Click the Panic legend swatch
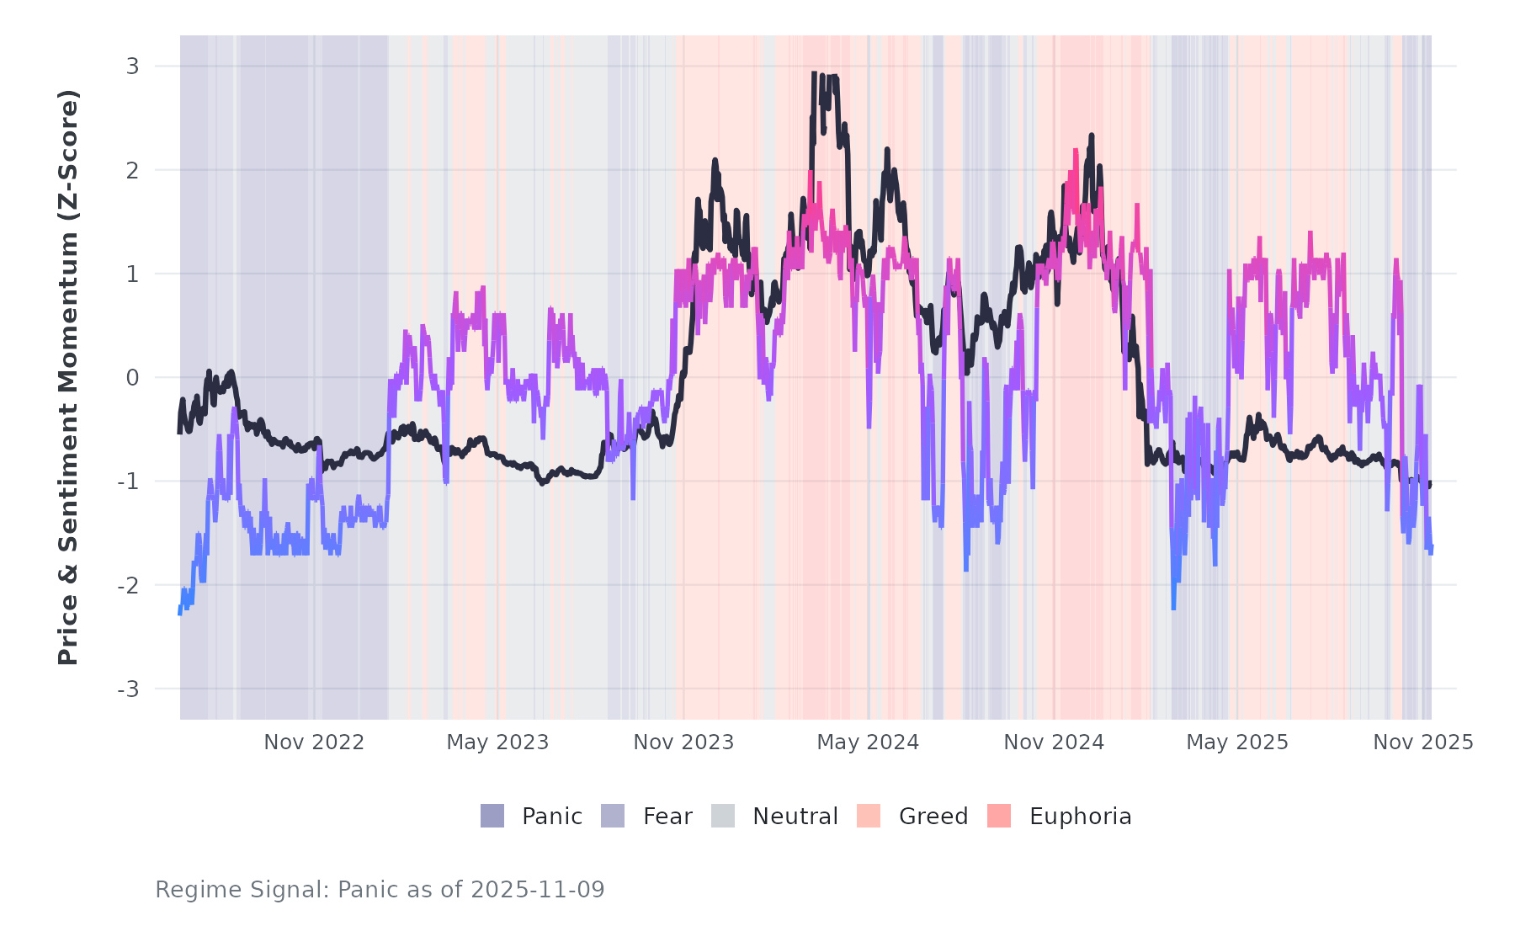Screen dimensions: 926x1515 (x=492, y=816)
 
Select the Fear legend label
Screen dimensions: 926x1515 (x=667, y=817)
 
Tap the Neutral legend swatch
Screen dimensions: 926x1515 (x=723, y=816)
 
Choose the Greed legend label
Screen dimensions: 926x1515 (x=933, y=817)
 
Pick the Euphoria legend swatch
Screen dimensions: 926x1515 (x=999, y=816)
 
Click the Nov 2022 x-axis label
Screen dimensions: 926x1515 (x=314, y=742)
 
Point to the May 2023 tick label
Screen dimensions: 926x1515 (x=497, y=742)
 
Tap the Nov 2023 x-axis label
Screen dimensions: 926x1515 (x=683, y=742)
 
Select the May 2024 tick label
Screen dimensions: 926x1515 (x=868, y=742)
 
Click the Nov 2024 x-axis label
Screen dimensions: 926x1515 (x=1054, y=742)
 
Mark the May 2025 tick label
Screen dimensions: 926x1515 (x=1237, y=742)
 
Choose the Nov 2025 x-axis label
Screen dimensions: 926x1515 (x=1423, y=742)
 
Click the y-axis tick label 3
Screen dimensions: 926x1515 (x=132, y=67)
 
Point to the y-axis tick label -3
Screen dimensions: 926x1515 (x=128, y=689)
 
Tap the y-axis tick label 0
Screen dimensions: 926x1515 (x=132, y=378)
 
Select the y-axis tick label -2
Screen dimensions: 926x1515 (x=128, y=586)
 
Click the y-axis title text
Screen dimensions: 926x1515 (x=68, y=377)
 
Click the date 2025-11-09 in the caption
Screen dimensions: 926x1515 (x=538, y=890)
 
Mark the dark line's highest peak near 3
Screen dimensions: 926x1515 (x=815, y=74)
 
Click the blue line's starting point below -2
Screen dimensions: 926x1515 (x=180, y=612)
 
